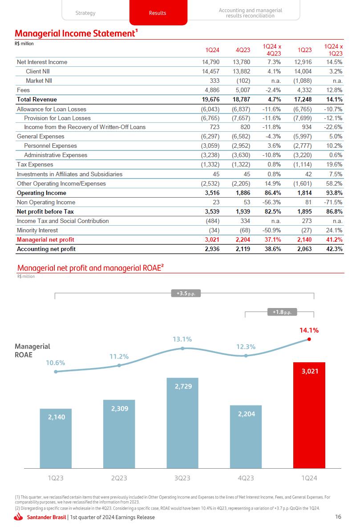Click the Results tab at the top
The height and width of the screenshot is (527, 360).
coord(158,13)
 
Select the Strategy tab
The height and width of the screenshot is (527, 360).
coord(85,13)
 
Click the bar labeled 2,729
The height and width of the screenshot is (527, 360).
coord(182,423)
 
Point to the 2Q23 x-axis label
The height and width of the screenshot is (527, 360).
coord(119,478)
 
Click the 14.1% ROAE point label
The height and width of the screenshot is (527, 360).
coord(309,330)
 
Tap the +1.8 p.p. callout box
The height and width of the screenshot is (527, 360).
coord(282,312)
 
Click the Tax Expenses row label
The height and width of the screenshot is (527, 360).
coord(35,165)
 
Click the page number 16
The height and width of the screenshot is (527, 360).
coord(338,517)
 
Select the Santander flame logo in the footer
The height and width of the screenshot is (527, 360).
coord(19,517)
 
